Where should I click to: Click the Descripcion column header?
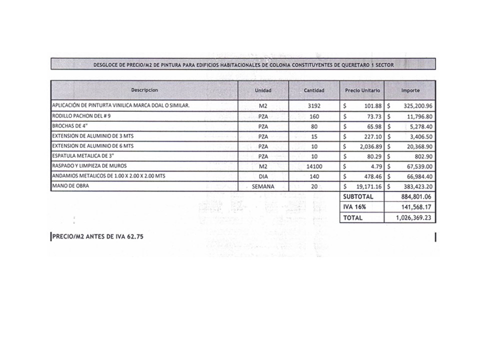click(x=144, y=90)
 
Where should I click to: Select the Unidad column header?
click(x=263, y=90)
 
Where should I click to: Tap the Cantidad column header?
click(x=314, y=90)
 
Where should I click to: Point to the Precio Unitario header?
click(x=362, y=90)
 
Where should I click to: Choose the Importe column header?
click(x=410, y=90)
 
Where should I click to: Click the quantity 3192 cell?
click(x=314, y=106)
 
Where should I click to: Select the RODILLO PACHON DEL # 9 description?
click(x=81, y=116)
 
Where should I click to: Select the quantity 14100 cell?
click(x=314, y=166)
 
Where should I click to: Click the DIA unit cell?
click(x=263, y=176)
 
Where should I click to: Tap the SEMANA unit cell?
click(x=263, y=186)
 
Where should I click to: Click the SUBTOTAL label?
click(x=358, y=197)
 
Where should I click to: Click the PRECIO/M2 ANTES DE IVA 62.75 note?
click(x=98, y=237)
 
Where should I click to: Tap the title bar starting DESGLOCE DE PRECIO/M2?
click(x=243, y=64)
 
